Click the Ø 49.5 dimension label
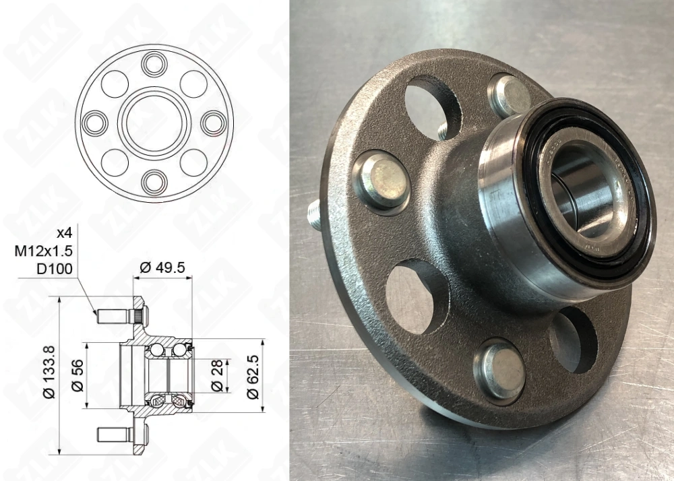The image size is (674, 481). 162,267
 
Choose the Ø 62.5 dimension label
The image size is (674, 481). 253,375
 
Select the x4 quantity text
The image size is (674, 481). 63,233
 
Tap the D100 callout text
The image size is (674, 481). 55,269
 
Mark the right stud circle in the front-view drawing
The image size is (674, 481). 213,122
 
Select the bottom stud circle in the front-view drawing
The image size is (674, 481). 154,180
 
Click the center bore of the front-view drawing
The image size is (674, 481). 154,122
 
